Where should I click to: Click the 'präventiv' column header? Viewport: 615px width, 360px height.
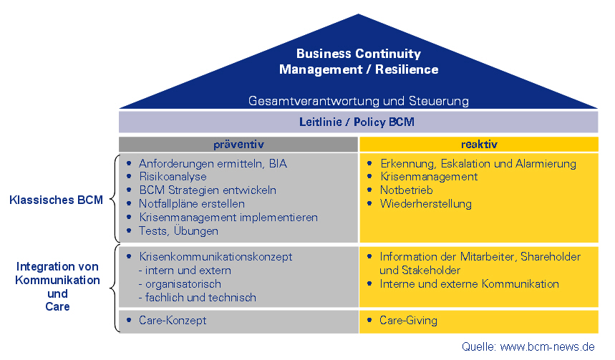(x=238, y=145)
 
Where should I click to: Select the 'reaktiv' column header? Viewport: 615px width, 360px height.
(x=479, y=145)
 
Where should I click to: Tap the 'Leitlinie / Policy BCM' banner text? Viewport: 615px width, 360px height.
(x=357, y=122)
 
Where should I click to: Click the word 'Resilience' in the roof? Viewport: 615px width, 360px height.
(x=407, y=69)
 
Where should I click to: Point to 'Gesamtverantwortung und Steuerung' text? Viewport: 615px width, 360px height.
(x=359, y=101)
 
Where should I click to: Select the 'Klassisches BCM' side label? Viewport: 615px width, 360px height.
(x=56, y=200)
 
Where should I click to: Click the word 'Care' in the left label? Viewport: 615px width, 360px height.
(x=58, y=306)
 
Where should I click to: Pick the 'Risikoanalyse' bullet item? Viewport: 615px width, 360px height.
(x=173, y=177)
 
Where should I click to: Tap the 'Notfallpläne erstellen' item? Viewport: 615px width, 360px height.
(x=192, y=204)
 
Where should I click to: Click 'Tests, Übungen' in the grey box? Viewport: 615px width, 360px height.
(x=178, y=230)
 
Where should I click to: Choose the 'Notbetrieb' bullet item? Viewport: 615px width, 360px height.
(x=407, y=190)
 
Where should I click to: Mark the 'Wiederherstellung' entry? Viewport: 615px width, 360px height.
(x=425, y=204)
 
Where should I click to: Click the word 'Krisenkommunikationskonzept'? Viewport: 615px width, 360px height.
(x=216, y=257)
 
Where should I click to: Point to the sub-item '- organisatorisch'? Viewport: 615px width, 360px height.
(x=180, y=284)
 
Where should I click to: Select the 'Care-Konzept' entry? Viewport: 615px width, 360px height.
(x=173, y=321)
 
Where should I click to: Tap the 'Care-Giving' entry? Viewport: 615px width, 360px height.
(x=408, y=321)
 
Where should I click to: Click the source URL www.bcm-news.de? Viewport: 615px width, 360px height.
(x=548, y=346)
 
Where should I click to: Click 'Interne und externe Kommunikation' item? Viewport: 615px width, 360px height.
(x=469, y=284)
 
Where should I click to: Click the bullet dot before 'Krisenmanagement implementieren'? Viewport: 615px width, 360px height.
(x=129, y=216)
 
